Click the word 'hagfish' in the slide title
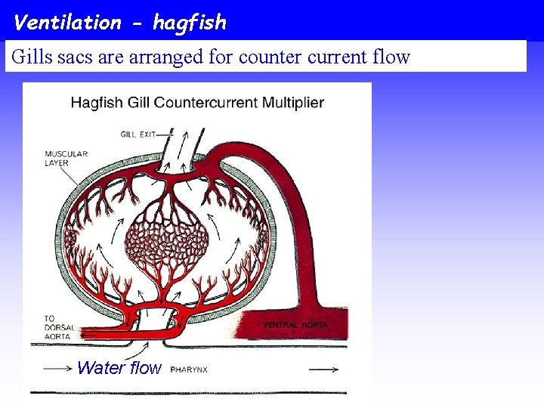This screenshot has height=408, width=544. (189, 23)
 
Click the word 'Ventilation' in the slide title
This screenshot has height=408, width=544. (67, 22)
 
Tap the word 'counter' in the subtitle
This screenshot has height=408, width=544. (270, 57)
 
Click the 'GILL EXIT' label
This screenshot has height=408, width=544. (138, 134)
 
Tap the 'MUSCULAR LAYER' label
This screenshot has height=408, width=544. (66, 159)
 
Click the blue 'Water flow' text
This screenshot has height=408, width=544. (119, 368)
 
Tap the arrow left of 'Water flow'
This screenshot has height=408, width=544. (58, 369)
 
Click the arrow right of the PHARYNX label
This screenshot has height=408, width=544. (323, 369)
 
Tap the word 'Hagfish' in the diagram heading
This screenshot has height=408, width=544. (95, 103)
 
